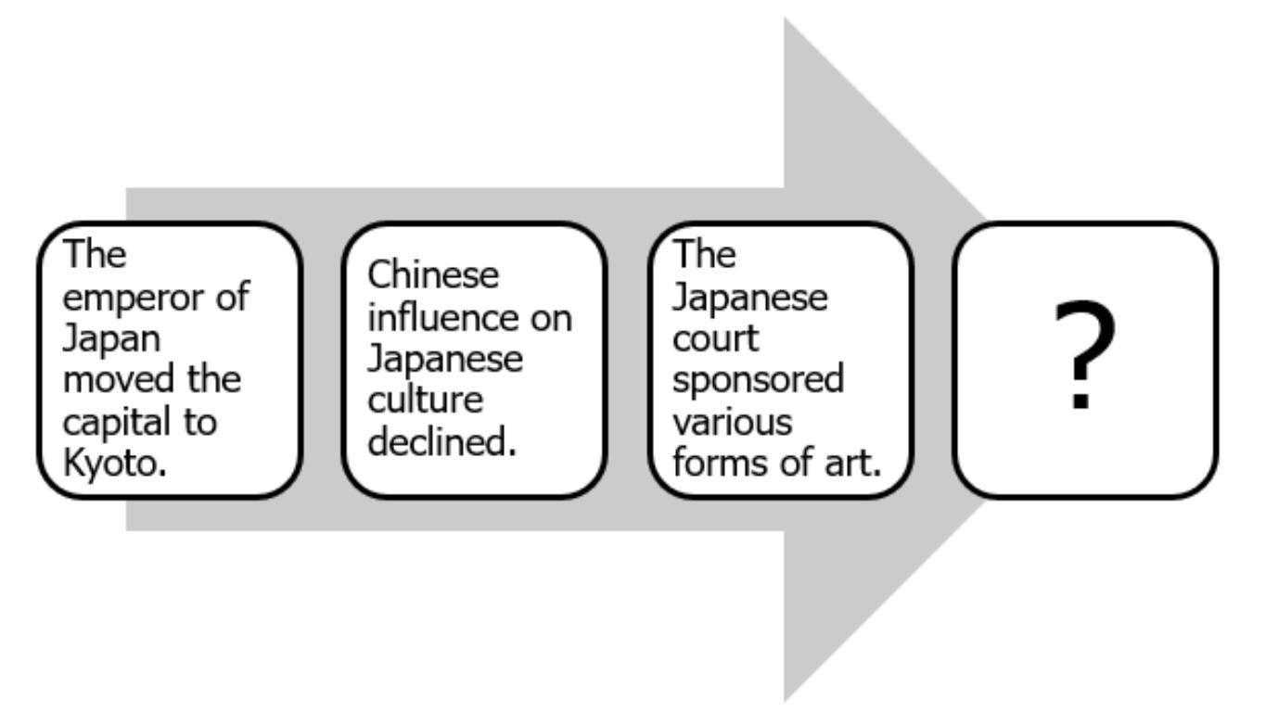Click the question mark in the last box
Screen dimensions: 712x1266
pyautogui.click(x=1084, y=358)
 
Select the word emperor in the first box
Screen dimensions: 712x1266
pyautogui.click(x=128, y=299)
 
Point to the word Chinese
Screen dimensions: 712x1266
pyautogui.click(x=433, y=275)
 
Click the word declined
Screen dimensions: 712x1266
pyautogui.click(x=442, y=442)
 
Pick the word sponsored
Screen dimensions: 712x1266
pyautogui.click(x=758, y=380)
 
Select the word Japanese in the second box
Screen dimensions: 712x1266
pyautogui.click(x=445, y=359)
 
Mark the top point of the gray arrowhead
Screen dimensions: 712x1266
pyautogui.click(x=786, y=19)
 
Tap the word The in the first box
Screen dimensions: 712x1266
pyautogui.click(x=94, y=256)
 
